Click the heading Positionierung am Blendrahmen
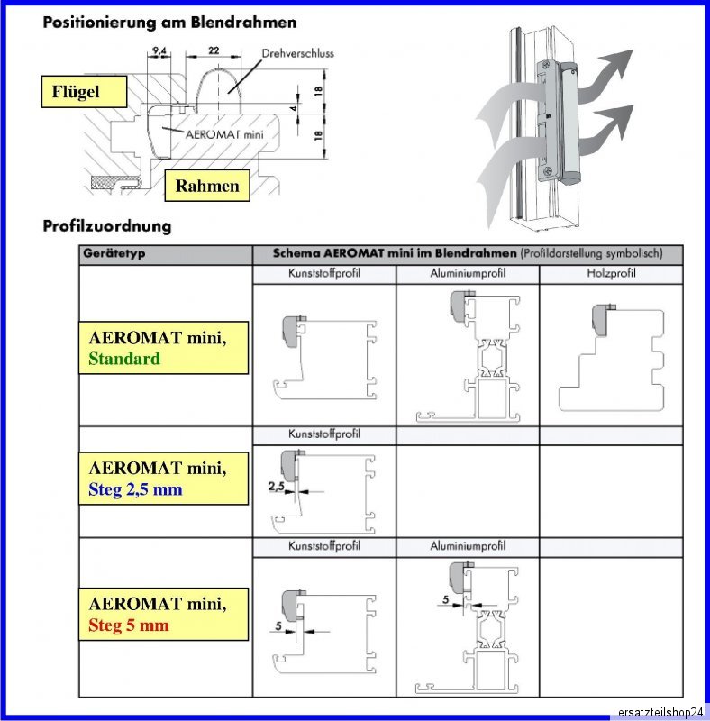coord(169,21)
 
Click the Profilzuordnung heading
coord(107,225)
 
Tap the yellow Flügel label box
coord(82,92)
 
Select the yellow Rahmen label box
coord(207,187)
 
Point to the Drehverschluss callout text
coord(297,54)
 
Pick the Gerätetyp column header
coord(115,254)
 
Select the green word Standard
coord(124,359)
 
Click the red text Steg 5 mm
coord(129,625)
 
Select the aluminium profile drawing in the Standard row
coord(469,356)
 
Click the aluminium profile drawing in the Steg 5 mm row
coord(469,626)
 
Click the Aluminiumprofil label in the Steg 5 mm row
coord(468,546)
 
